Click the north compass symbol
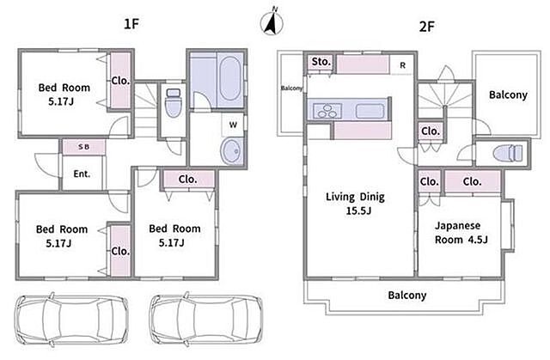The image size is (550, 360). click(x=272, y=21)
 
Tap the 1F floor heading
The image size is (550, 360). click(x=131, y=24)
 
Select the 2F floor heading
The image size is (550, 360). click(x=427, y=27)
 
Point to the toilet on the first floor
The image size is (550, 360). click(x=174, y=102)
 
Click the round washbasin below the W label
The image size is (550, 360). click(x=232, y=150)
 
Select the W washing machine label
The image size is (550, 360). click(x=233, y=125)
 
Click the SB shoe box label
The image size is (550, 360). click(x=83, y=147)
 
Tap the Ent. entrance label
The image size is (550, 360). click(x=82, y=174)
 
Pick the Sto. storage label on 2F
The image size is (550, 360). click(x=321, y=62)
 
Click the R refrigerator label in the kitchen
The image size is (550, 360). click(x=403, y=65)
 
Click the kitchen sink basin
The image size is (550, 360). click(x=370, y=111)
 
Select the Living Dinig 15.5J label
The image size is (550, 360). click(x=355, y=203)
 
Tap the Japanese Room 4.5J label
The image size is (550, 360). click(x=461, y=232)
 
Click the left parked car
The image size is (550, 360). click(x=71, y=319)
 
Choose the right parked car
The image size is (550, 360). click(x=206, y=319)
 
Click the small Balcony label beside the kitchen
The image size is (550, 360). click(x=291, y=88)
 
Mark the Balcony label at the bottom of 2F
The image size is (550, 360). click(x=406, y=296)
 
